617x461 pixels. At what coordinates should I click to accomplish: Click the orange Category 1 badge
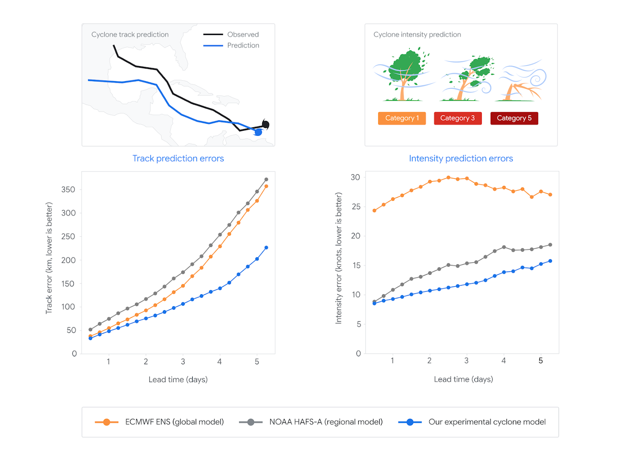tap(402, 118)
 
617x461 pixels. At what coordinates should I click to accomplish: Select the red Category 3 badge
tap(458, 118)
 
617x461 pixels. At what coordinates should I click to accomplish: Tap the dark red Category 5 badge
tap(514, 118)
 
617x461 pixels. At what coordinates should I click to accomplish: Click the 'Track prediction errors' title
tap(178, 159)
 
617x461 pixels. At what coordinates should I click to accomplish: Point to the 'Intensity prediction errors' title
tap(461, 159)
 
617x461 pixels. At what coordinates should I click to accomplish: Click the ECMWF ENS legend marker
tap(107, 422)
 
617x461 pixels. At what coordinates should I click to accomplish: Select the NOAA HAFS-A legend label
tap(326, 422)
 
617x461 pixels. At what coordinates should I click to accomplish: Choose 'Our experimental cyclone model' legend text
tap(487, 422)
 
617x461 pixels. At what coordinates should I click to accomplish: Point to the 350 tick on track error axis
tap(68, 190)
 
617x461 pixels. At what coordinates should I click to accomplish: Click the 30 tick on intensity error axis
tap(355, 177)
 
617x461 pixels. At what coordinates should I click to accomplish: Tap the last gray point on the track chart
tap(267, 180)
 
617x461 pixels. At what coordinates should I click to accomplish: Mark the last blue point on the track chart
tap(267, 248)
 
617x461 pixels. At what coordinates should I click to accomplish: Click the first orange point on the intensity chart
tap(374, 211)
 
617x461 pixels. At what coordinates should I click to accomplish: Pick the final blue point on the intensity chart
tap(550, 261)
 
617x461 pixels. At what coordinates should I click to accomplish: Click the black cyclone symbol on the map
tap(266, 125)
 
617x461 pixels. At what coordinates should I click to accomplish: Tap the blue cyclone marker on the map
tap(258, 133)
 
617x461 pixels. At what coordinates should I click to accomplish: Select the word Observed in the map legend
tap(243, 35)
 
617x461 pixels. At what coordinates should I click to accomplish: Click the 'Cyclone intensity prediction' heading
tap(417, 35)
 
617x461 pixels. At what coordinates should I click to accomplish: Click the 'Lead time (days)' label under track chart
tap(178, 380)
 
